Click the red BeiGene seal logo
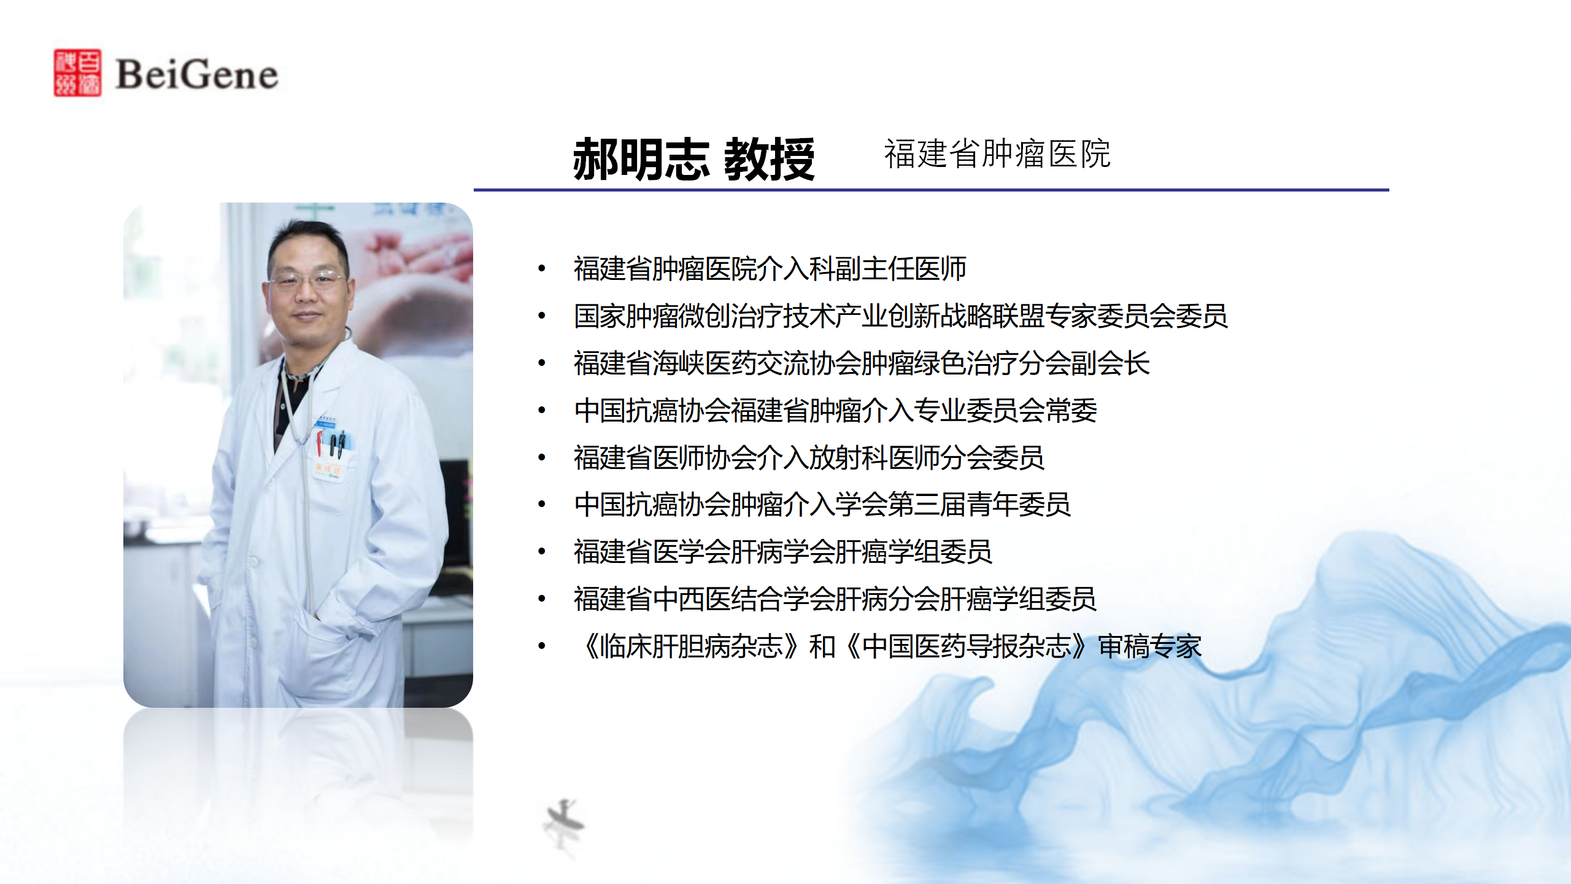click(77, 72)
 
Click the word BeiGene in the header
click(197, 74)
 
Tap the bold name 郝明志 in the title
click(641, 159)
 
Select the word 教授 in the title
click(770, 159)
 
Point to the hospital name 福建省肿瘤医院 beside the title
click(997, 153)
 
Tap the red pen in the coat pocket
click(319, 443)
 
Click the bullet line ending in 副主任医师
click(770, 269)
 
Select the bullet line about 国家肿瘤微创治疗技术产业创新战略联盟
click(900, 316)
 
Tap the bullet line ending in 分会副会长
click(862, 363)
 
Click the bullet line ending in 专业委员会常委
click(835, 411)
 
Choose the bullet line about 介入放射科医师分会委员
click(809, 458)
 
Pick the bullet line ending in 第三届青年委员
click(822, 505)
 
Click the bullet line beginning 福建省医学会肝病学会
click(783, 552)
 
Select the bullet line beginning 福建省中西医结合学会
click(835, 599)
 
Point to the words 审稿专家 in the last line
click(1149, 646)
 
